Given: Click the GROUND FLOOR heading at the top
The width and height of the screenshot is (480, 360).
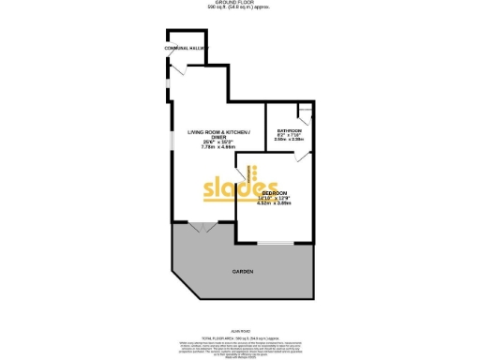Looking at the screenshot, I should (240, 3).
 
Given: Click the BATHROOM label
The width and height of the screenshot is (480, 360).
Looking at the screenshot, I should (288, 130).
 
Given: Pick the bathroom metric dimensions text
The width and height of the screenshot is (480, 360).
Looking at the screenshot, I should (288, 140).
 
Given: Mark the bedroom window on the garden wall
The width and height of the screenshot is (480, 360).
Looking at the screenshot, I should (274, 243).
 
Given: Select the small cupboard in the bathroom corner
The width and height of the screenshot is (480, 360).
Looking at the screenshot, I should (305, 114).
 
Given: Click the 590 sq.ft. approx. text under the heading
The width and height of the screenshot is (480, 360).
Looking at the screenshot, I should (240, 8).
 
